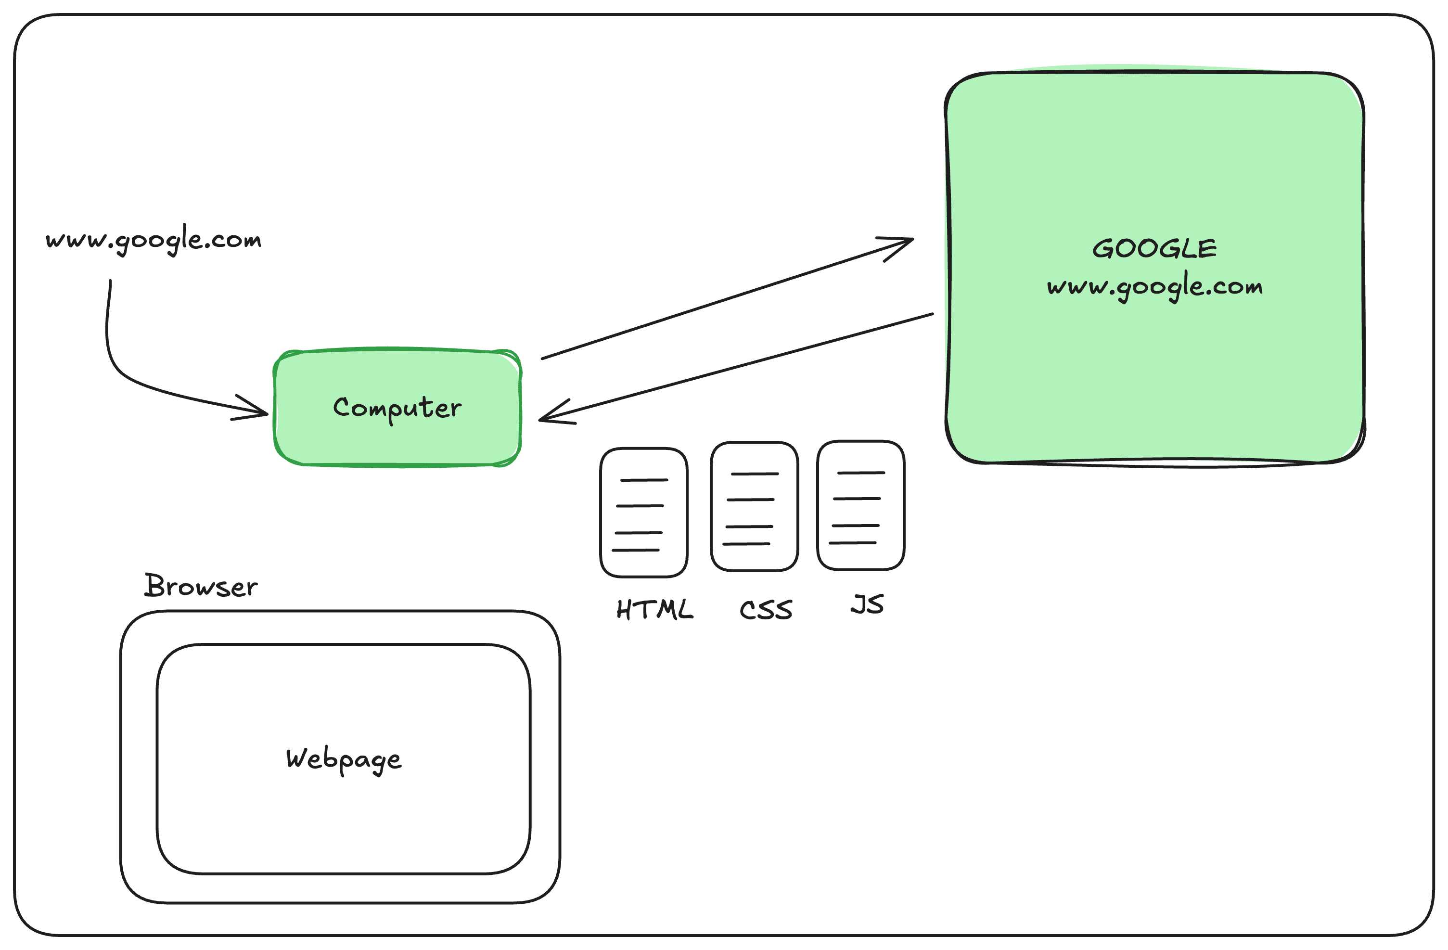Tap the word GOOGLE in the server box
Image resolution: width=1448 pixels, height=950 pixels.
[1154, 249]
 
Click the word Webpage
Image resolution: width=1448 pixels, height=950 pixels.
[344, 759]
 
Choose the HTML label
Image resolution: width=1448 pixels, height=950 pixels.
[654, 609]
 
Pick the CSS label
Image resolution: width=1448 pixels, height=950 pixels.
[766, 610]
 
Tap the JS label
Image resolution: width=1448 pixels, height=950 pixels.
[867, 604]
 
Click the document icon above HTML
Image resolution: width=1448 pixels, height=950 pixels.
[644, 513]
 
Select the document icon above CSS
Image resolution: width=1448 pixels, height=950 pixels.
[755, 506]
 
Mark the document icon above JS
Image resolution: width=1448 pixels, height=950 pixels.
[861, 505]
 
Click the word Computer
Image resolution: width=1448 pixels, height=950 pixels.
[397, 408]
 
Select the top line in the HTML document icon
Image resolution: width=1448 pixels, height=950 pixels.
[644, 480]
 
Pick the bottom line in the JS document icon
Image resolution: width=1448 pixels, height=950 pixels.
[853, 542]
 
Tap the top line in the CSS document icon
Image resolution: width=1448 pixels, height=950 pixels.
[755, 474]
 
